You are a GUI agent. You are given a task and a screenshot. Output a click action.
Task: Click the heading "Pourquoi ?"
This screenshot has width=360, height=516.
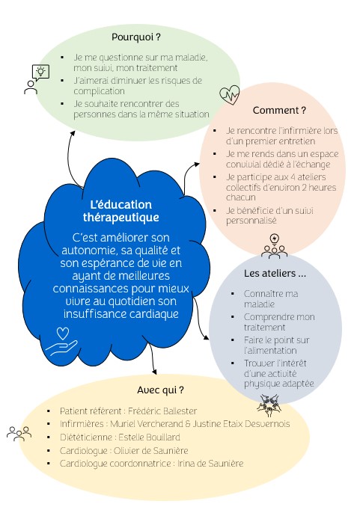click(x=136, y=37)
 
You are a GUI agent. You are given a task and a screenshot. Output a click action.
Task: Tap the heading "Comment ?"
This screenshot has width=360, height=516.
click(x=279, y=110)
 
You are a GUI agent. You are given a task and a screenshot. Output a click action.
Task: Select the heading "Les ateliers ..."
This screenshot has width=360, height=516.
click(x=275, y=274)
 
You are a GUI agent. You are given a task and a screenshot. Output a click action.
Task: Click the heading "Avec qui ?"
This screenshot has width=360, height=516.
click(x=160, y=390)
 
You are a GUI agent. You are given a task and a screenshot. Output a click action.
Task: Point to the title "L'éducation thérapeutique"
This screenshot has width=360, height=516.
click(x=121, y=211)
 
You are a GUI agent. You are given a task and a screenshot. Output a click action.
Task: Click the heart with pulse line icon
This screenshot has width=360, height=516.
click(x=230, y=95)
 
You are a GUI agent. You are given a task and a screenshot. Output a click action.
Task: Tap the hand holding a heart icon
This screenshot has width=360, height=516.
click(x=62, y=342)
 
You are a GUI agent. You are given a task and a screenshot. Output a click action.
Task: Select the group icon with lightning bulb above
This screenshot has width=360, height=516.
click(x=274, y=246)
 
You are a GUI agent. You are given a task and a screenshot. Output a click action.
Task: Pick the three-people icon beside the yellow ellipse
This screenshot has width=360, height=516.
click(x=19, y=434)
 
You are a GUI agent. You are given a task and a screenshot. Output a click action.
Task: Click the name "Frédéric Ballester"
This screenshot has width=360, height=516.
click(x=162, y=411)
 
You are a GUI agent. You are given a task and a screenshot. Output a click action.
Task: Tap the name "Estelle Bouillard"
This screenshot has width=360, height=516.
click(x=149, y=437)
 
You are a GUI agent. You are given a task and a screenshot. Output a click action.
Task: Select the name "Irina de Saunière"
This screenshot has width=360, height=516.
click(x=210, y=464)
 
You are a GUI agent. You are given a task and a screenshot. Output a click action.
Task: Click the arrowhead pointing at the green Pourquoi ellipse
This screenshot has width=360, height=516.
click(x=73, y=133)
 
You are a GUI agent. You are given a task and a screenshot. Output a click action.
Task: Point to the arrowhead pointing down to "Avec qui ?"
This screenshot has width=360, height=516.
click(x=154, y=372)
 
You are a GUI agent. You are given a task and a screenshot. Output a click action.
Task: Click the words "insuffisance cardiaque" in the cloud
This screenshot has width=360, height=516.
click(x=121, y=314)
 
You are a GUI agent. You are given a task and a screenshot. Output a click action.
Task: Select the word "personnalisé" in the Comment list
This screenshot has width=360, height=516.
click(x=251, y=221)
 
